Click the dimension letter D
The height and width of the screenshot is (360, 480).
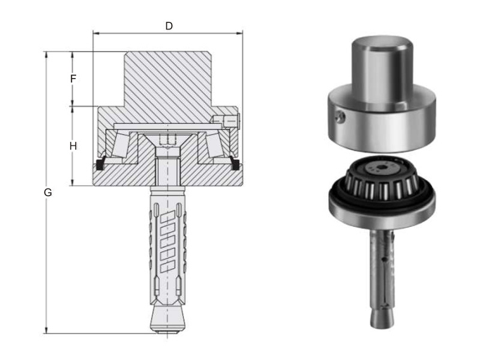(169, 26)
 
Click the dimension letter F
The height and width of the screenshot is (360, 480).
(73, 79)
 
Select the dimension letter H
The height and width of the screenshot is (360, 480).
(73, 146)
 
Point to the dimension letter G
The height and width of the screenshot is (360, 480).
(48, 193)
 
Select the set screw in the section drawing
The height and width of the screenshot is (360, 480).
(227, 121)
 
